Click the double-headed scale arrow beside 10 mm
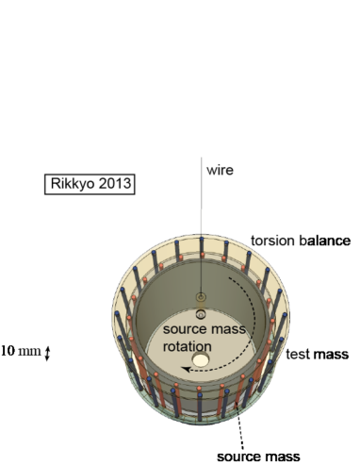pyautogui.click(x=48, y=352)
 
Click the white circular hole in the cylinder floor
pyautogui.click(x=201, y=360)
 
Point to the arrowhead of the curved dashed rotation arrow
pyautogui.click(x=188, y=371)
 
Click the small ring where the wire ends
pyautogui.click(x=201, y=298)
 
